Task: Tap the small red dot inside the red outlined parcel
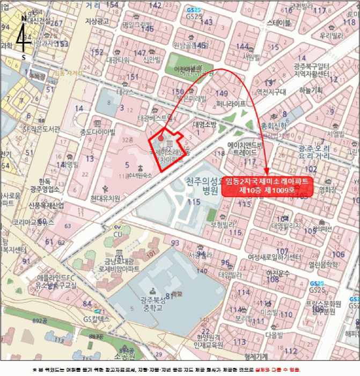pyautogui.click(x=161, y=138)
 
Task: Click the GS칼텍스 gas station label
pyautogui.click(x=96, y=319)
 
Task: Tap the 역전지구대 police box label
pyautogui.click(x=271, y=92)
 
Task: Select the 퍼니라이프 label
pyautogui.click(x=231, y=103)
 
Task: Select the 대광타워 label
pyautogui.click(x=115, y=60)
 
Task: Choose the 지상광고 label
pyautogui.click(x=97, y=21)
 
